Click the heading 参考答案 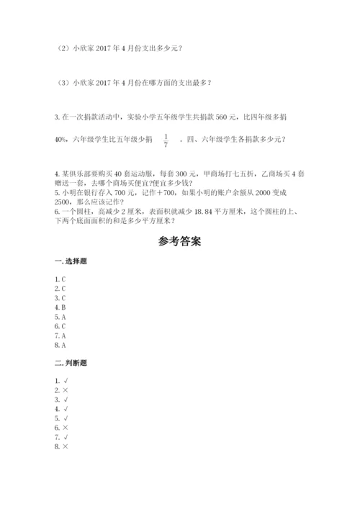[x=179, y=242]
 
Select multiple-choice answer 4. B [x=60, y=307]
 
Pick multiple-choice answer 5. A [x=60, y=316]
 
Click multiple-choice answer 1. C [x=60, y=279]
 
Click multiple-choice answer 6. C [x=60, y=325]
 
